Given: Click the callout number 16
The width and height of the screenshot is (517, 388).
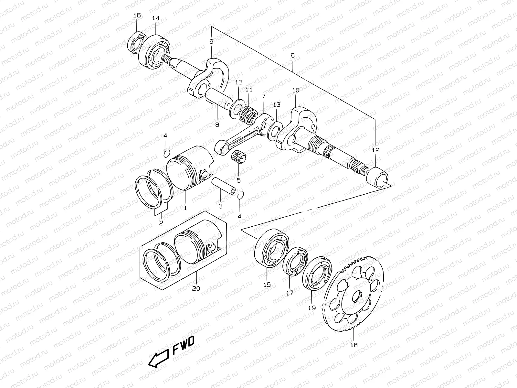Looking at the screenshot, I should (x=137, y=15).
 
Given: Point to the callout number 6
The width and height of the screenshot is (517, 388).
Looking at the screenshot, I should (x=292, y=55).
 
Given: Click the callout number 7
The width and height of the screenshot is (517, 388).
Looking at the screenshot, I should (x=264, y=96).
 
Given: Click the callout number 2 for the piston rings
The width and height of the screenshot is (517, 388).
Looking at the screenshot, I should (x=161, y=223).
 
